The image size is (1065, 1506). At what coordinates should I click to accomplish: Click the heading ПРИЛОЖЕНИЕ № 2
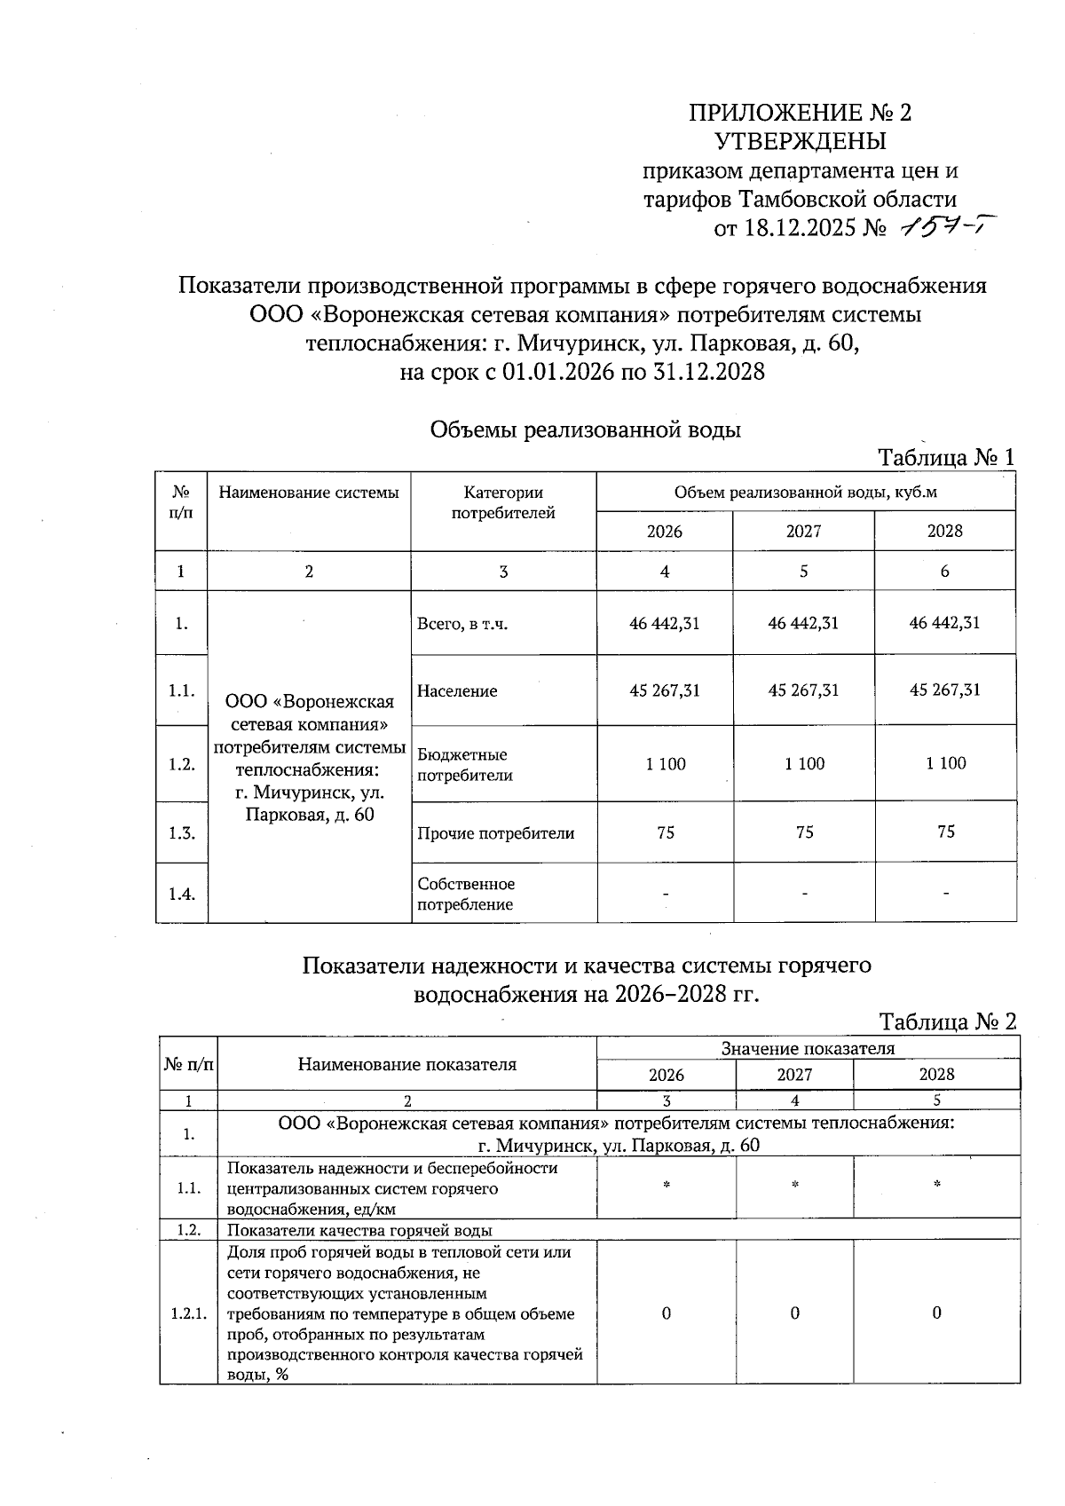(x=801, y=113)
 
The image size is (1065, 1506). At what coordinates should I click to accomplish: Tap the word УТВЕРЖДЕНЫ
(x=801, y=141)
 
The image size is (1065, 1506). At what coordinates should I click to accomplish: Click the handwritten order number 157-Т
(x=944, y=228)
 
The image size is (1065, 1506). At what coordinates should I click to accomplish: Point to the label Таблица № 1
(x=945, y=458)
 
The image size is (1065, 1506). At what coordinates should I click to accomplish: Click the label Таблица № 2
(x=947, y=1021)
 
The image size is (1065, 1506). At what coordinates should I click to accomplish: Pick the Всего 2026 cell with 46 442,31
(x=665, y=623)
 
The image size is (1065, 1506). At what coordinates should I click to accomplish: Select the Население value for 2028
(x=945, y=690)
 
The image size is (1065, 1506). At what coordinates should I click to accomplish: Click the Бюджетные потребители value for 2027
(x=804, y=763)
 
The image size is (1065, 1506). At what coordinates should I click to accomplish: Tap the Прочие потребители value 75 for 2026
(x=666, y=832)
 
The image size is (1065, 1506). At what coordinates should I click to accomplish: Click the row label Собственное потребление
(x=466, y=894)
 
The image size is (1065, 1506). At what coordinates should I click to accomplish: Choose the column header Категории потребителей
(x=503, y=502)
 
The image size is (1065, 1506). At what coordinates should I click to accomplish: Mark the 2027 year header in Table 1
(x=803, y=531)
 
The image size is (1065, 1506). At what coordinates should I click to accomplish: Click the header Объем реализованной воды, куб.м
(x=805, y=492)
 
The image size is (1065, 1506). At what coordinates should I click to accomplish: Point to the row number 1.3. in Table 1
(x=181, y=832)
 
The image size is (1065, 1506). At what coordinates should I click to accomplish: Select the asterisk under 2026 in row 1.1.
(x=666, y=1186)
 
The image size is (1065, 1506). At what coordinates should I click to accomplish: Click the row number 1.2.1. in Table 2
(x=188, y=1313)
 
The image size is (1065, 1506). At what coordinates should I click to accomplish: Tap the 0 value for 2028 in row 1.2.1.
(x=936, y=1313)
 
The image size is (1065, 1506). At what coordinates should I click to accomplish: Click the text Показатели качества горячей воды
(x=359, y=1230)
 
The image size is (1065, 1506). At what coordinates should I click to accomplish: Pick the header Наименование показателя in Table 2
(x=406, y=1064)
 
